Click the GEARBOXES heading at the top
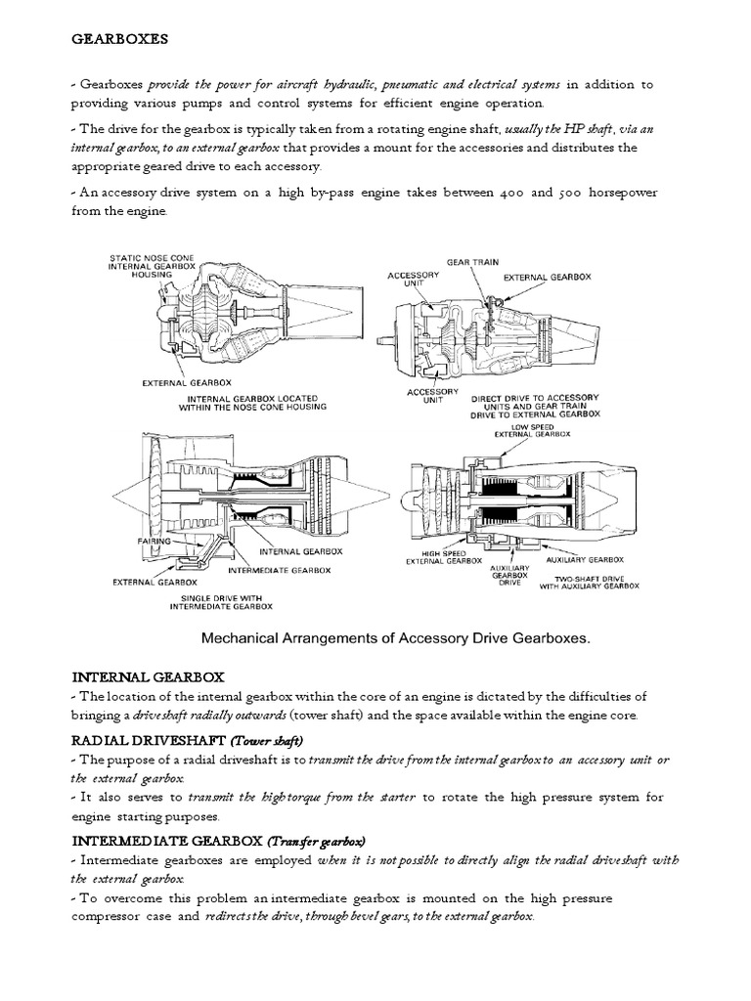pyautogui.click(x=120, y=40)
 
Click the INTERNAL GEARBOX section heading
pyautogui.click(x=149, y=676)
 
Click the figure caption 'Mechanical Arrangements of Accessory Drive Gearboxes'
pyautogui.click(x=397, y=637)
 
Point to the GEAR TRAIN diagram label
pyautogui.click(x=471, y=262)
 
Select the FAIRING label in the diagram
pyautogui.click(x=154, y=541)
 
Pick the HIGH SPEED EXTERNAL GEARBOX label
pyautogui.click(x=444, y=557)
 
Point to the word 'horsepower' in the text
pyautogui.click(x=618, y=193)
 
